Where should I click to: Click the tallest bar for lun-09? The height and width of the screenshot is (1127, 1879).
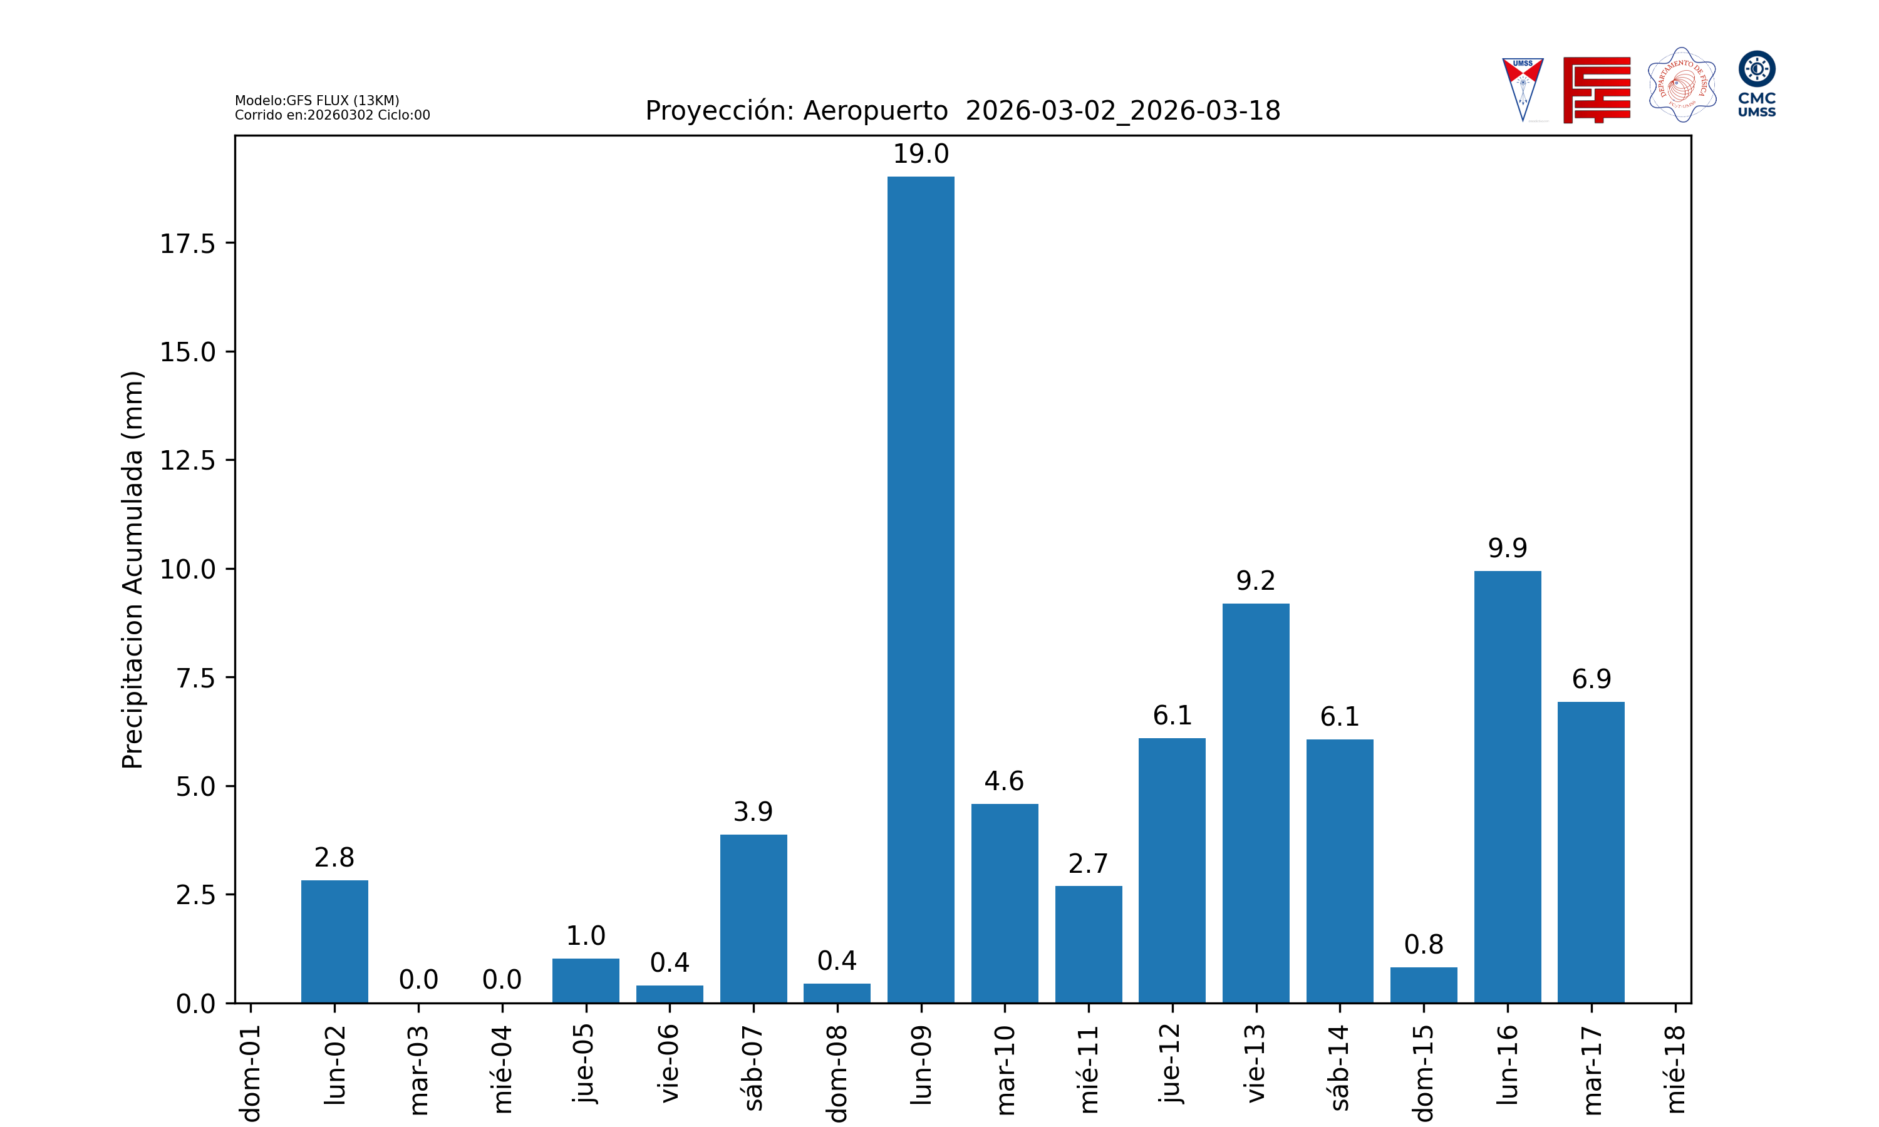(921, 589)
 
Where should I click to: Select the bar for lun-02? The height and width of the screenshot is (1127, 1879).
(334, 941)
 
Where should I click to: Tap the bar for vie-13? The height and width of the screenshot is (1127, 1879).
(1255, 803)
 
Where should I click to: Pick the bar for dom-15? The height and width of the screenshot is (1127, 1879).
(1423, 984)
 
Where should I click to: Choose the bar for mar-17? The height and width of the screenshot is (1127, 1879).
(1590, 852)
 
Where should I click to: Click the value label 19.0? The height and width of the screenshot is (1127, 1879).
(921, 154)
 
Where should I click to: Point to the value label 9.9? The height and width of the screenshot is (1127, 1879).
(1507, 548)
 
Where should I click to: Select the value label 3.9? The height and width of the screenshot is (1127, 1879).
(753, 812)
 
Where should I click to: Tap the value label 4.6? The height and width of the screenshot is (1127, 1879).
(1004, 781)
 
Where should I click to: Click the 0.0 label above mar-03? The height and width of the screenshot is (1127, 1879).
(418, 980)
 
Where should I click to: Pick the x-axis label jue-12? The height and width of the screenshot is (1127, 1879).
(1171, 1063)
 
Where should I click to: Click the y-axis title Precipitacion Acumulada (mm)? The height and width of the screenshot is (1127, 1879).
(132, 570)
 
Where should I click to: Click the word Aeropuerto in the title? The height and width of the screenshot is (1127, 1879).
(875, 111)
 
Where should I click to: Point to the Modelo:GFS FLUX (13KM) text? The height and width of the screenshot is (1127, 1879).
(317, 100)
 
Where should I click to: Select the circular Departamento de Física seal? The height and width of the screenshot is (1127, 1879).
(1682, 85)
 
